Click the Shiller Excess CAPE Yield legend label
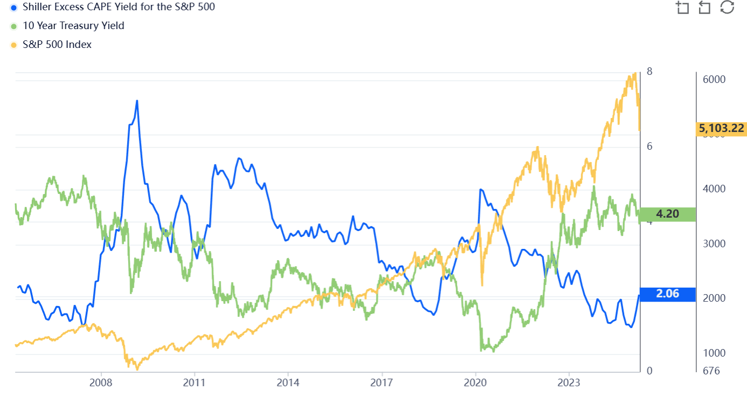118,7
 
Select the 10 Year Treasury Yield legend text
73,25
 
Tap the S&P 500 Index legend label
57,44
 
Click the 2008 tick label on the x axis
101,383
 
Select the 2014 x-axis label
288,383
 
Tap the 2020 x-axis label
475,383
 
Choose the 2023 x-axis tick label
569,383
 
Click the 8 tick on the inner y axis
650,72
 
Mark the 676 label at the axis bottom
710,371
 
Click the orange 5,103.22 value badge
721,128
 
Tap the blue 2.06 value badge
667,294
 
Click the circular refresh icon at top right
727,7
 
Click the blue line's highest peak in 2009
137,101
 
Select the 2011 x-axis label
194,383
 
